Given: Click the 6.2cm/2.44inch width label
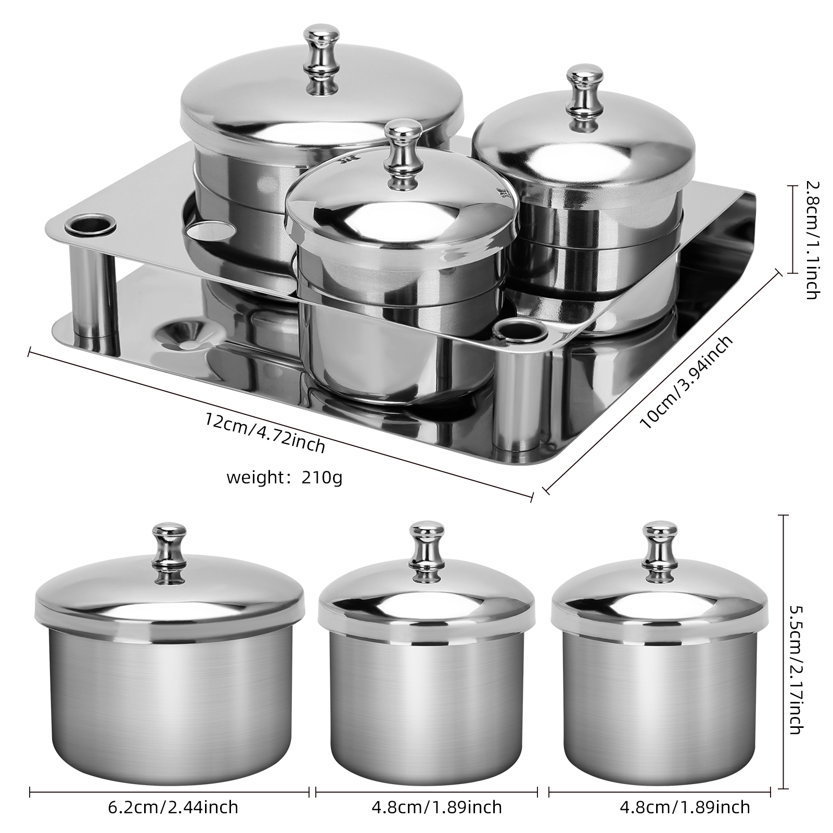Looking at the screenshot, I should pos(173,807).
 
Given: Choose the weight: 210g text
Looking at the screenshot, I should pos(285,477).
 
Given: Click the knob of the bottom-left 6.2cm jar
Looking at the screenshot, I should pos(169,552).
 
